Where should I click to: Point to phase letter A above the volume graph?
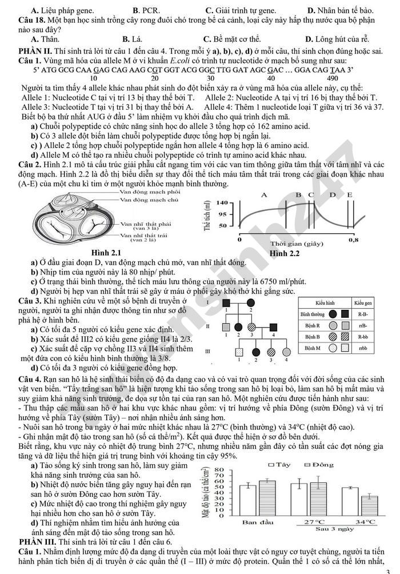264,195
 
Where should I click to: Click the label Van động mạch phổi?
142,192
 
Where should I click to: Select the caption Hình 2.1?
107,253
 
